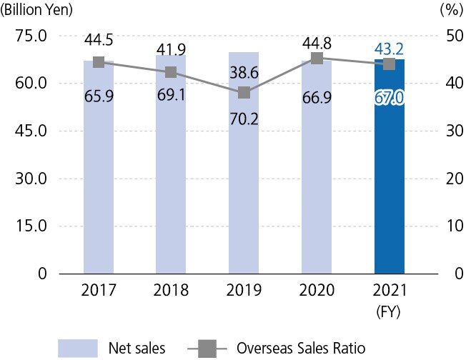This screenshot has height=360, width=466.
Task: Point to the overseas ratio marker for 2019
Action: point(244,92)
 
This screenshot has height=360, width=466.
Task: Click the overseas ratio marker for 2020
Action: point(317,59)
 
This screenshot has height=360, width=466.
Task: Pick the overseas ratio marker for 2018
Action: point(171,72)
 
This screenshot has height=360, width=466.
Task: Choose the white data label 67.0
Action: point(389,96)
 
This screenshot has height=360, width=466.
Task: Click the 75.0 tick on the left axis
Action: point(31,36)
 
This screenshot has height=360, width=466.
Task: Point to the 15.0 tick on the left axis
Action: point(31,226)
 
